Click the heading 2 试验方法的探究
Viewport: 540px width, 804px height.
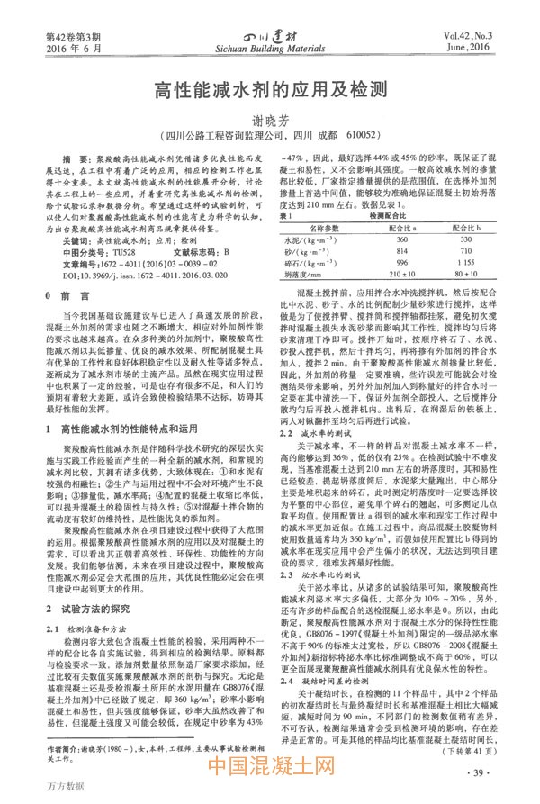coord(95,583)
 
